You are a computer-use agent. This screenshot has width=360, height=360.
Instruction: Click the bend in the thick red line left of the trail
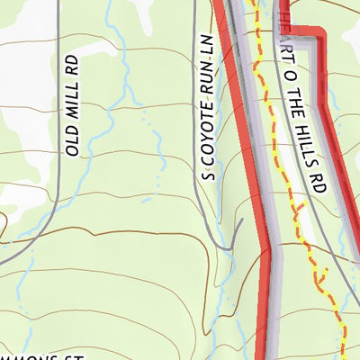click(x=267, y=245)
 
